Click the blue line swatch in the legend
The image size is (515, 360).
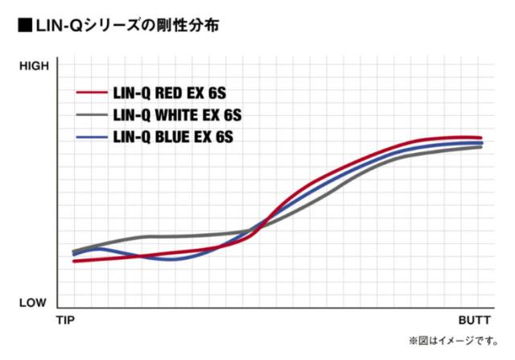click(93, 138)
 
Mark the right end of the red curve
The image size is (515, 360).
click(480, 138)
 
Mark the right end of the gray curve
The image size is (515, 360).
click(480, 147)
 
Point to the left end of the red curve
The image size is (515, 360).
click(74, 261)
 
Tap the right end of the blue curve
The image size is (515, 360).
click(480, 143)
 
